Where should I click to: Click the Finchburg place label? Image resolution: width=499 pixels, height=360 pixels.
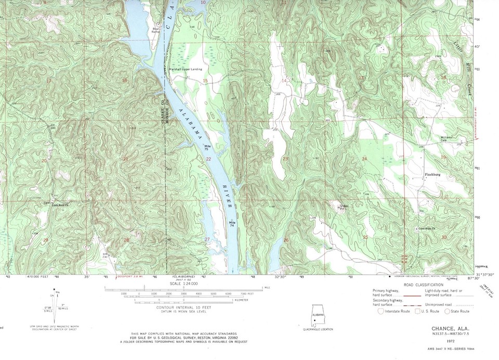[x=432, y=175]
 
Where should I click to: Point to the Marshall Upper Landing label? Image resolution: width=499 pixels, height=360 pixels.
[x=185, y=69]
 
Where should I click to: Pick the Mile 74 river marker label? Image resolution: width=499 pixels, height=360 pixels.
[x=232, y=224]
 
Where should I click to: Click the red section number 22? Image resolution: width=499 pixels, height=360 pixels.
[x=208, y=159]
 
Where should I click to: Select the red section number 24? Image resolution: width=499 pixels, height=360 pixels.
[x=364, y=159]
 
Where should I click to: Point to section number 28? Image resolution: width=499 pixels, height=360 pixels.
[x=126, y=240]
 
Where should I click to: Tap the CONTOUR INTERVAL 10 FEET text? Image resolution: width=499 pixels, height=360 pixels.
[x=185, y=308]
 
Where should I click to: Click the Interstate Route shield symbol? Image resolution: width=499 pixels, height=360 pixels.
[x=382, y=311]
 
